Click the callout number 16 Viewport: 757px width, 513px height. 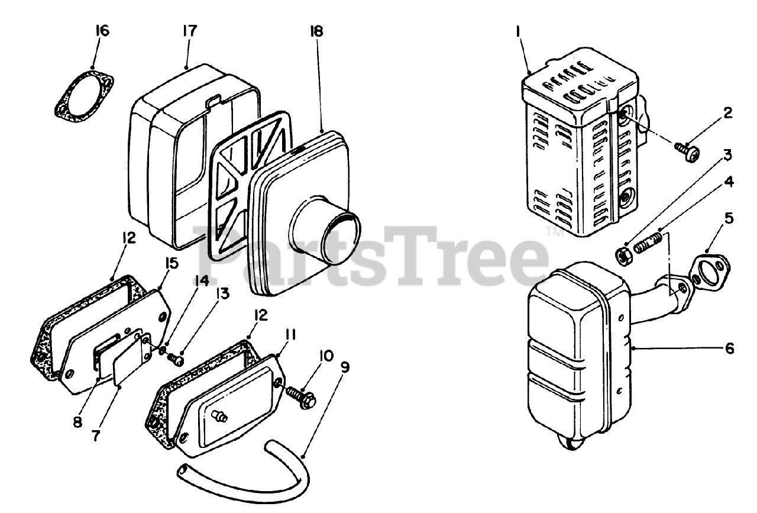click(102, 31)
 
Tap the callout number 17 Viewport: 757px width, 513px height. click(190, 31)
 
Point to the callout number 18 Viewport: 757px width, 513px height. click(316, 31)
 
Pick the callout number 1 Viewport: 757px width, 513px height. click(517, 31)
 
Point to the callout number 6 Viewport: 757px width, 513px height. click(729, 349)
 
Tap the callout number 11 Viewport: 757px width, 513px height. click(290, 334)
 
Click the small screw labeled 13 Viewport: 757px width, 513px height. click(176, 359)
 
